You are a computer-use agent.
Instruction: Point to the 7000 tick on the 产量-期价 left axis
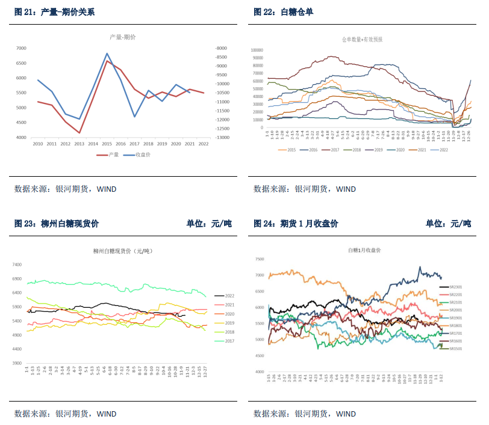pos(21,48)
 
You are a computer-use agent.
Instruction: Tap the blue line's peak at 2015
pos(107,54)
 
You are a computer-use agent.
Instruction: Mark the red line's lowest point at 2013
pos(79,133)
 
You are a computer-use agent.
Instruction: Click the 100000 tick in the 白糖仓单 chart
pos(256,50)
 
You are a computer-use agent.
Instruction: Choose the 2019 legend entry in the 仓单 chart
pos(375,150)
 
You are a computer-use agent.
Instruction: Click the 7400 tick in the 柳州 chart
pos(17,264)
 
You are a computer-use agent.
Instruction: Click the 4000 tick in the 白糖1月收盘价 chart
pos(259,372)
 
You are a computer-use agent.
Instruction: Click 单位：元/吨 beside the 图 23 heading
pos(209,224)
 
